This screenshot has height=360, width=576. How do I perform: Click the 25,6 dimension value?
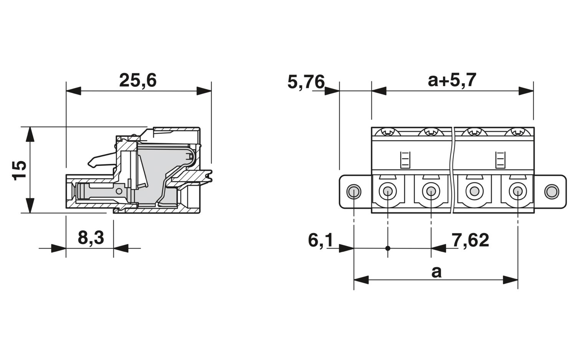click(x=138, y=81)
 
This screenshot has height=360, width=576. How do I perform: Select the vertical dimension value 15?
click(x=19, y=170)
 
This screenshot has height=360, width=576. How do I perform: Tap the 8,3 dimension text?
click(x=91, y=238)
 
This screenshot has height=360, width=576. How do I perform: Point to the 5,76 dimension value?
click(x=306, y=82)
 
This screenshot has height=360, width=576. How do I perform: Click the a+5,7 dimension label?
click(x=452, y=80)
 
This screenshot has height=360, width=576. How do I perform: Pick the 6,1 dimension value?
click(x=320, y=241)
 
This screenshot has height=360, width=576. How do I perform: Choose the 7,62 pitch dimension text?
click(x=470, y=241)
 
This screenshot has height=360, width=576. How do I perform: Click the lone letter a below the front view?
click(x=436, y=272)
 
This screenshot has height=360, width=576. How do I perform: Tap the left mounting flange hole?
click(x=354, y=192)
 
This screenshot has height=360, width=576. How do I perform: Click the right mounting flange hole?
click(x=551, y=192)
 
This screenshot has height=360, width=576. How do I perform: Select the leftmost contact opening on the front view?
click(x=388, y=191)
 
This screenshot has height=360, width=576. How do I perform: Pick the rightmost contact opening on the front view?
click(x=518, y=191)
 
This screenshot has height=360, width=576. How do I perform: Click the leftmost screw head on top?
click(x=387, y=132)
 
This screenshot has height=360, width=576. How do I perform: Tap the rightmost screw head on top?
click(x=517, y=132)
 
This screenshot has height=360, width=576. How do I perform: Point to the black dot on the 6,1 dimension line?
click(x=388, y=248)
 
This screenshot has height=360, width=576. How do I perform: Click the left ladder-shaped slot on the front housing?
click(x=405, y=160)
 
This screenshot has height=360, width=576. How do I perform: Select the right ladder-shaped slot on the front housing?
click(x=500, y=160)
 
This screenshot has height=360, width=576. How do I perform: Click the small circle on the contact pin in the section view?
click(x=119, y=191)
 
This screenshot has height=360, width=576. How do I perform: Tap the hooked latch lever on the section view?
click(x=102, y=160)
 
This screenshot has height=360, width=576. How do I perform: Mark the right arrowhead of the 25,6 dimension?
click(x=204, y=91)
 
